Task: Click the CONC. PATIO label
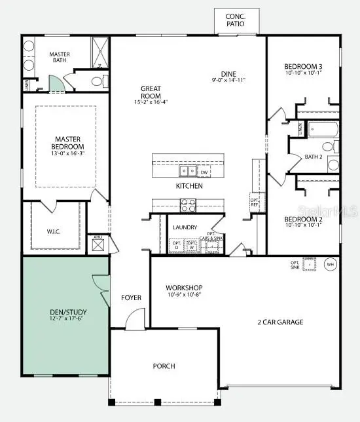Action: pos(235,20)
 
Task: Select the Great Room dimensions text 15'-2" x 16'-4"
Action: pos(151,102)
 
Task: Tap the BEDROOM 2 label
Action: pos(303,220)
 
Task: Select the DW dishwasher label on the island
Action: pos(204,172)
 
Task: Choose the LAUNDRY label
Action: pos(185,227)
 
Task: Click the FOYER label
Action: pos(131,298)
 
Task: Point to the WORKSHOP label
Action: pos(183,288)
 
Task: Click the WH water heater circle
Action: pos(330,265)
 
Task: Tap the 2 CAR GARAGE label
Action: pos(281,322)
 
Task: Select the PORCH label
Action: pos(164,366)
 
